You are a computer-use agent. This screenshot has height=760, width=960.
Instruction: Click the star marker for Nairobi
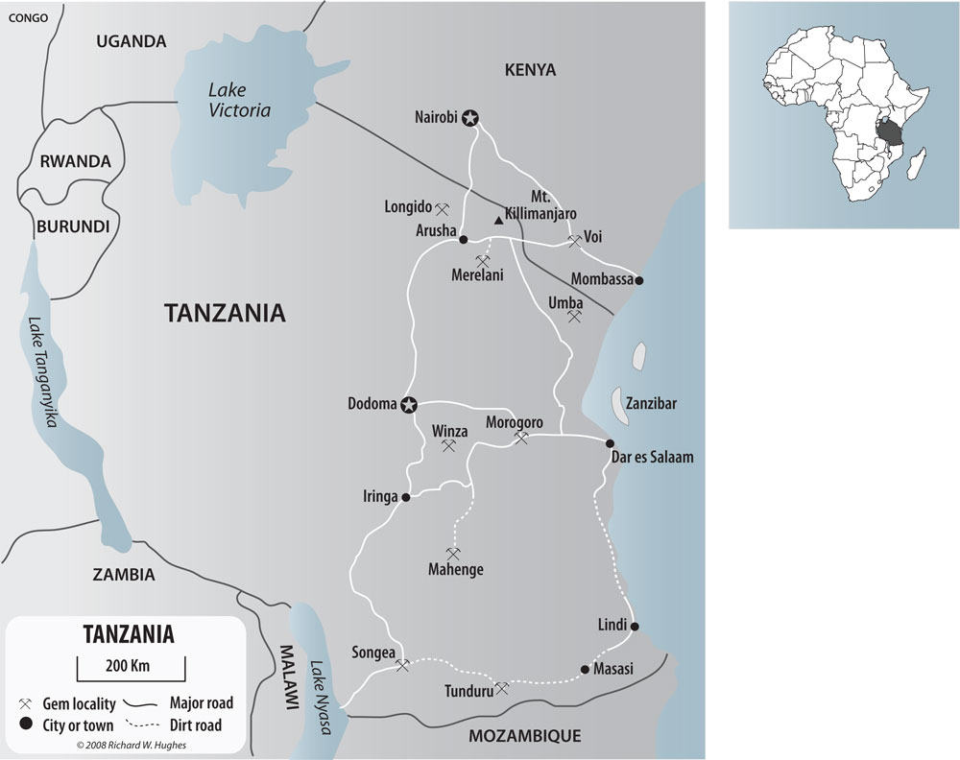(x=469, y=119)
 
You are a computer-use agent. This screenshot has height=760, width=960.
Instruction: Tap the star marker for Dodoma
(x=410, y=404)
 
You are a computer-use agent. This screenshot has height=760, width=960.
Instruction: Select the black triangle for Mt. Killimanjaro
(x=497, y=222)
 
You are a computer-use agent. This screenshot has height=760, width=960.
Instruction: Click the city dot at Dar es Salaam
(x=610, y=442)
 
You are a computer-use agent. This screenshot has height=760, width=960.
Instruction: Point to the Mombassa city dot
(x=639, y=280)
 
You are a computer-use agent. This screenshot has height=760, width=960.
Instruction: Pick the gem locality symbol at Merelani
(x=483, y=259)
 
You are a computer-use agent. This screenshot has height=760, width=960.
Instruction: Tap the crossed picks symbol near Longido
(x=443, y=207)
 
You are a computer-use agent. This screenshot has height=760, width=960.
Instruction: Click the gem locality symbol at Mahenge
(x=453, y=553)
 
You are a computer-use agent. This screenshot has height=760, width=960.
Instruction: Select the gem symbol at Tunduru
(x=499, y=688)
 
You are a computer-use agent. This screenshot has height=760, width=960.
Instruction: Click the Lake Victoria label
(x=239, y=100)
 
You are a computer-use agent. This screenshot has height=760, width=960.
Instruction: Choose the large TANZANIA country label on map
(x=225, y=313)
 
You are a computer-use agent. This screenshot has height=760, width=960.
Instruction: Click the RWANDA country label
(x=75, y=161)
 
